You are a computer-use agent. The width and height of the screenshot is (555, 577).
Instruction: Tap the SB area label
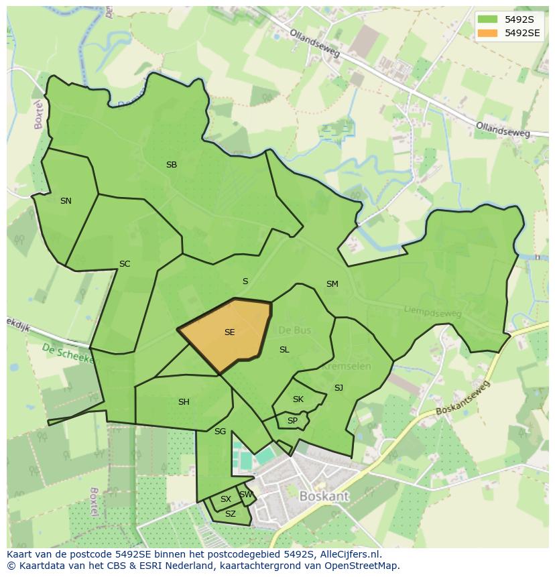click(172, 165)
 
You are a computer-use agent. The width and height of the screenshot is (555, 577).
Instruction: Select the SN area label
click(66, 200)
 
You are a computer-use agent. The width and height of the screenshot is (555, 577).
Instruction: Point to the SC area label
click(125, 264)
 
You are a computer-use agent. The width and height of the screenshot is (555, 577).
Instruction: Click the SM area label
click(332, 284)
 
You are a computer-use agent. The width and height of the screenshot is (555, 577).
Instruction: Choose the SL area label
click(284, 350)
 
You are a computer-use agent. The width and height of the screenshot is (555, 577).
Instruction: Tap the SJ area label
click(338, 388)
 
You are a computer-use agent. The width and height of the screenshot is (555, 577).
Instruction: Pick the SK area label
click(298, 399)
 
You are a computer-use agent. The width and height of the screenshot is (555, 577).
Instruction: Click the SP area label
click(292, 421)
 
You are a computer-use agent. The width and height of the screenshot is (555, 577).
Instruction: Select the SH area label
click(184, 402)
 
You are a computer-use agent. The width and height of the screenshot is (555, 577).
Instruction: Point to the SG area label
click(220, 432)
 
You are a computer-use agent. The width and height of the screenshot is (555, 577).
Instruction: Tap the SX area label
click(226, 499)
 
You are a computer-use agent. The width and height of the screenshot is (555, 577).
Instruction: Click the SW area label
click(246, 495)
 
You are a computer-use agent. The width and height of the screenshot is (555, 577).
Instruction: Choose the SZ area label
click(231, 514)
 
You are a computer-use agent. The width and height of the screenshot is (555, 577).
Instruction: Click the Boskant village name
click(324, 497)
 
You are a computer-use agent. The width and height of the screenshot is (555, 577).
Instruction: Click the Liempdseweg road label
click(433, 311)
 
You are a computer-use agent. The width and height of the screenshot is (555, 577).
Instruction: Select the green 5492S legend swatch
click(487, 19)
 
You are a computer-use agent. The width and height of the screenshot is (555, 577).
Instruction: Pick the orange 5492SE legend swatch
click(487, 33)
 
